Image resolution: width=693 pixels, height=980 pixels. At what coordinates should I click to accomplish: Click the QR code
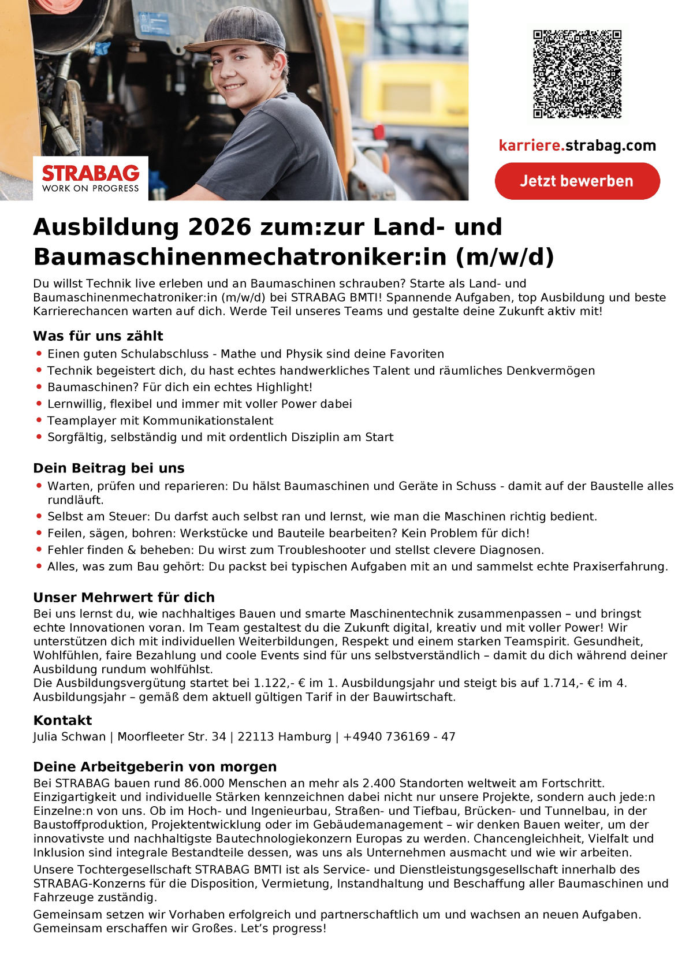pos(577,74)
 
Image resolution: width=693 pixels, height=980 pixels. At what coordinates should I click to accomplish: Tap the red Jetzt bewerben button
pos(577,181)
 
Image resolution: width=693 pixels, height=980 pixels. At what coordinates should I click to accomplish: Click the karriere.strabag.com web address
pos(577,146)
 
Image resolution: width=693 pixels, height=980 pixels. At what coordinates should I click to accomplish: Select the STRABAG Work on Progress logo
pos(91,178)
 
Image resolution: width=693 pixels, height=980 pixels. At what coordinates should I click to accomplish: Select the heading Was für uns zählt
pos(98,336)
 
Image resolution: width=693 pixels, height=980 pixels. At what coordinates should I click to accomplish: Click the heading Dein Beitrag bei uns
pos(109,468)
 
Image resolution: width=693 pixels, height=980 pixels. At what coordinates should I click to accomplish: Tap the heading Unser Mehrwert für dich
pos(124,597)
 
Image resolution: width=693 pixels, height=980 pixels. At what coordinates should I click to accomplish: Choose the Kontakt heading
pos(62,720)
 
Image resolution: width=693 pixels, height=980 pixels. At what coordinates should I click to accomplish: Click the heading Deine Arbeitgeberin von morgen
pos(155,767)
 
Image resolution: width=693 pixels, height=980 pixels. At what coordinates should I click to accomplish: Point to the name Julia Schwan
pos(69,737)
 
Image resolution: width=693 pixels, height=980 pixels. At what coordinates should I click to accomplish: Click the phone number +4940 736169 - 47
pos(399,737)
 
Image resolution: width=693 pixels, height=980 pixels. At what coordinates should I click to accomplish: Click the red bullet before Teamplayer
pos(39,420)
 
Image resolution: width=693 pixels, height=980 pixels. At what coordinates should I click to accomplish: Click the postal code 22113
pos(255,737)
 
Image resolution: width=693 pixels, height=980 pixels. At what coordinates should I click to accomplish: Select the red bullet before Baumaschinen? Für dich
pos(39,387)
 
